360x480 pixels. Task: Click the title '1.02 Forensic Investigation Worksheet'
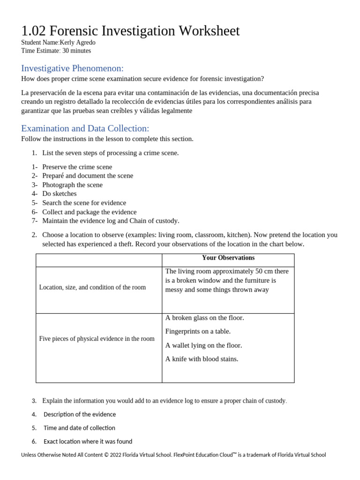click(x=130, y=31)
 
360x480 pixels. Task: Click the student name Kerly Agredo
click(x=77, y=43)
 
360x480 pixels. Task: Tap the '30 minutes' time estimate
click(x=76, y=51)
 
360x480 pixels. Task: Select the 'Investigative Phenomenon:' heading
click(x=72, y=68)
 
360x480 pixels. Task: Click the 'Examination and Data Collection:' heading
click(x=85, y=128)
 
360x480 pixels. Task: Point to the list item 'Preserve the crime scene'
click(x=77, y=167)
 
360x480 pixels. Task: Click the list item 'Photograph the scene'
click(x=72, y=185)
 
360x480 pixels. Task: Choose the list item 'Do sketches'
click(x=59, y=194)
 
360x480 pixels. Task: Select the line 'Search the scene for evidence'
click(x=84, y=202)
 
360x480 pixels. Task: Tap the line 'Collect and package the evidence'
click(x=89, y=212)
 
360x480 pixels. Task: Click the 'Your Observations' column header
click(x=228, y=258)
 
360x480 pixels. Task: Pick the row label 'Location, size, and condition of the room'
click(x=92, y=287)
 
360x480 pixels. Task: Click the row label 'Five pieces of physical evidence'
click(x=97, y=338)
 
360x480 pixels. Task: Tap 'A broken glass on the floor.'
click(x=204, y=318)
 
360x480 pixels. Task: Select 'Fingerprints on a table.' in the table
click(x=198, y=331)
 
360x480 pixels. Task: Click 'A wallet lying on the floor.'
click(x=203, y=345)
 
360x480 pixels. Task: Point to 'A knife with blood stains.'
click(x=202, y=359)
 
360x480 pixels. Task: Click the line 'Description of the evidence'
click(x=80, y=414)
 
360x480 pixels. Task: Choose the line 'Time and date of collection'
click(x=79, y=428)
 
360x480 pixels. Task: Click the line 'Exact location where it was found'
click(x=88, y=442)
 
